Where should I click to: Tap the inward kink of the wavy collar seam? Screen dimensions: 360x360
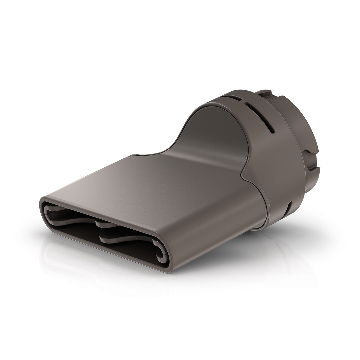coord(243,175)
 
